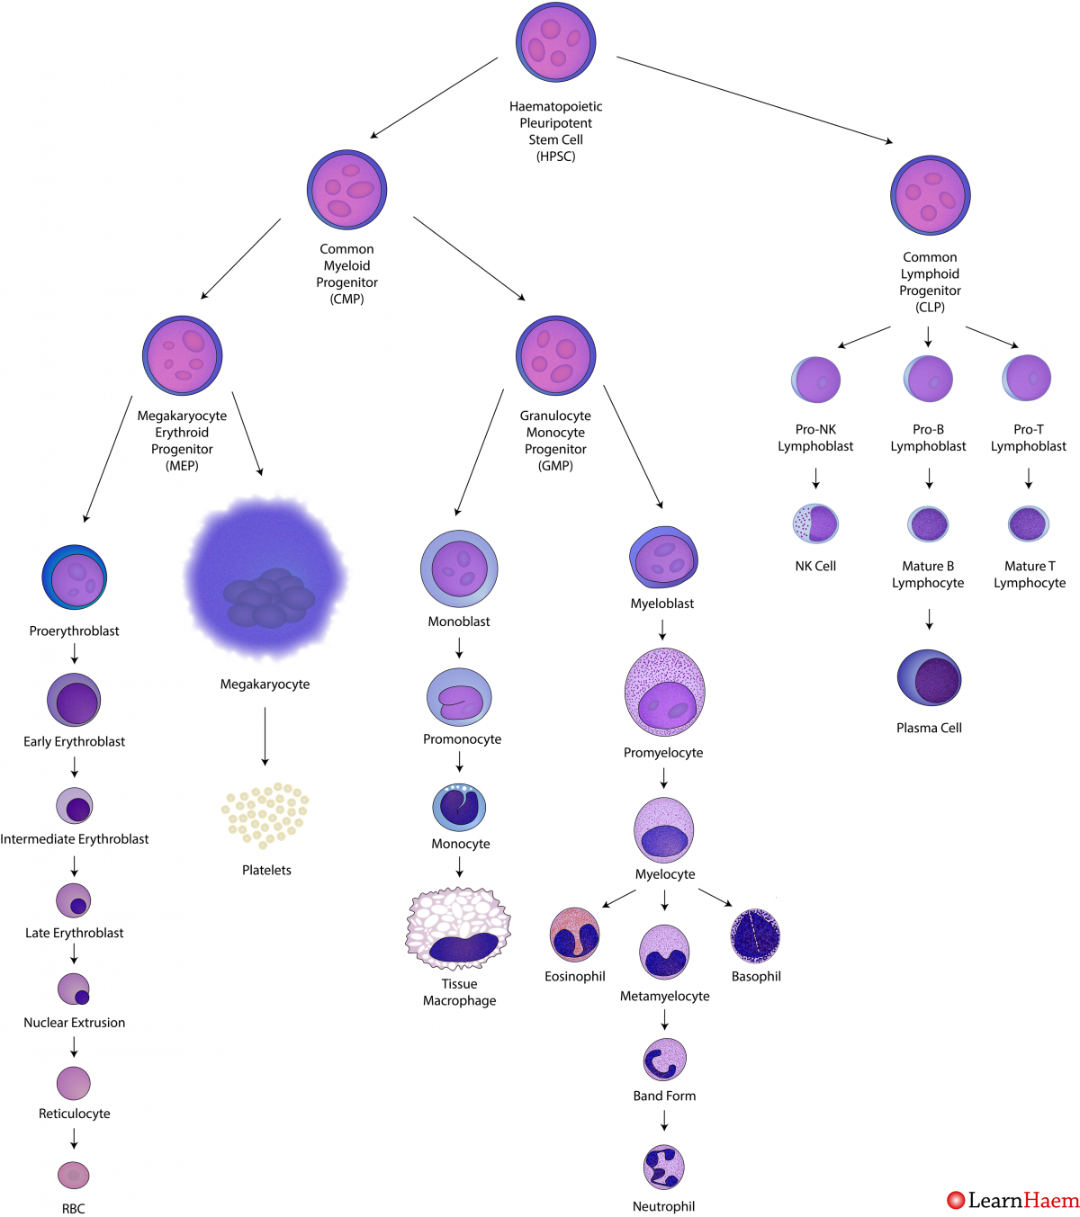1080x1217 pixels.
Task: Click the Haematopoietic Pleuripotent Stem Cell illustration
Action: (x=555, y=42)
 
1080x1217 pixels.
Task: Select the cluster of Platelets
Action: (x=265, y=815)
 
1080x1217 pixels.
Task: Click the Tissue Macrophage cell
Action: (x=458, y=928)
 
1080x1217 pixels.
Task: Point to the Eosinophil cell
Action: (x=574, y=935)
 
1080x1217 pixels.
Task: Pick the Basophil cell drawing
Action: (x=755, y=935)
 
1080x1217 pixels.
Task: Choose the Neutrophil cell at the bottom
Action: (x=664, y=1167)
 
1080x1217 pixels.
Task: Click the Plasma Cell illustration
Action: (x=929, y=678)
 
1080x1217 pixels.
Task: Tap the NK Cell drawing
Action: (x=815, y=523)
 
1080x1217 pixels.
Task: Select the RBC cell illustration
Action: (x=74, y=1175)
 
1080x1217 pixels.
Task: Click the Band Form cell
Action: (x=664, y=1060)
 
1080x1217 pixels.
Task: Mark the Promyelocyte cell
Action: (x=664, y=693)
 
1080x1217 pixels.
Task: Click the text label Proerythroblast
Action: (x=74, y=631)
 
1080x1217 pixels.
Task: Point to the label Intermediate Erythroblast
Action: (x=75, y=839)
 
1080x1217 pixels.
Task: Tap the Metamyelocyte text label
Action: (x=664, y=997)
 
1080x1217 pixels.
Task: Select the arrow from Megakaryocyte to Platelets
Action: (x=265, y=736)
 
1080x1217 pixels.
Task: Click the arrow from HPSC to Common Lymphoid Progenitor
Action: (x=754, y=100)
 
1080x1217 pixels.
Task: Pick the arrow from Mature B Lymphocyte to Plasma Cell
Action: (x=929, y=619)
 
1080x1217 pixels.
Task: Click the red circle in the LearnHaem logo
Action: (x=956, y=1200)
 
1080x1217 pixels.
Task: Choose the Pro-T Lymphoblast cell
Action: (x=1027, y=378)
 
